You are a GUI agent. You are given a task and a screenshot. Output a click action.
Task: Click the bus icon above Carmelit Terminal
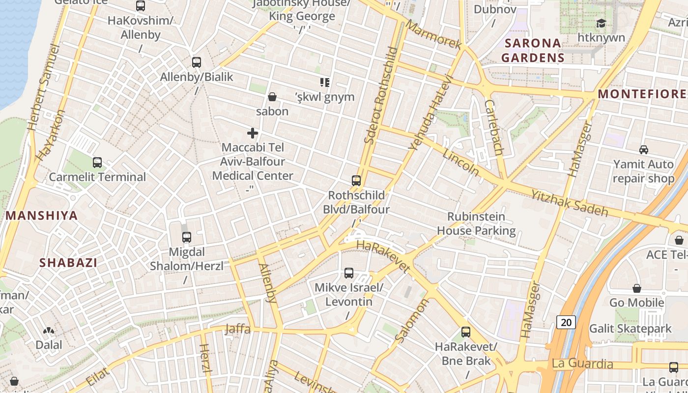tap(97, 163)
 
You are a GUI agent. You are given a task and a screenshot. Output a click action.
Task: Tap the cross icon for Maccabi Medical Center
tap(253, 133)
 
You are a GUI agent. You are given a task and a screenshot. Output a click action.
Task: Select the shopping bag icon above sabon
tap(272, 97)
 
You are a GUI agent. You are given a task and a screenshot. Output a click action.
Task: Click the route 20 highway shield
tap(566, 322)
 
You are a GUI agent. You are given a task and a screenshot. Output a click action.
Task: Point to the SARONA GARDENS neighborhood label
tap(533, 50)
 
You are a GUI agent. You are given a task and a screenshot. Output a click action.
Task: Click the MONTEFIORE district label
tap(641, 94)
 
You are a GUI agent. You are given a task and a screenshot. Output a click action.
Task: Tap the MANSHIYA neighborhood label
tap(42, 215)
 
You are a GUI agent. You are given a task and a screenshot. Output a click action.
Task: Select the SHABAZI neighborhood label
tap(68, 262)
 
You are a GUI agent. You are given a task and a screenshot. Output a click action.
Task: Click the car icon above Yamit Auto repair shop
tap(643, 150)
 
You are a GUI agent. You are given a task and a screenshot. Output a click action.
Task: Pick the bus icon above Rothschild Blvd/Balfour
tap(356, 181)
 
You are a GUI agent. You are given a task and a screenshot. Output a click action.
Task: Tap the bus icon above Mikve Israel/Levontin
tap(349, 273)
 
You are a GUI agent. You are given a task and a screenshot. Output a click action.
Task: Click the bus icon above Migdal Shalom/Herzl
tap(186, 237)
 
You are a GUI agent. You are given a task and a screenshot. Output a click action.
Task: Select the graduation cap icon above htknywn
tap(601, 23)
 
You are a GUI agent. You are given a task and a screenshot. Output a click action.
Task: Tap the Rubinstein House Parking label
tap(476, 224)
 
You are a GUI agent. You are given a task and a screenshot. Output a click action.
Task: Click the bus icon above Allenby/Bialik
tap(197, 62)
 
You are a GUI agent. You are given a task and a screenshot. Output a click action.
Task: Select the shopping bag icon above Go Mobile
tap(637, 288)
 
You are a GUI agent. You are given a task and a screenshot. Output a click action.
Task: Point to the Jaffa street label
tap(237, 329)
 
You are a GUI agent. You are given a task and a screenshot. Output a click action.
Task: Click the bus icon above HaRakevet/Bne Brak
tap(466, 333)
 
